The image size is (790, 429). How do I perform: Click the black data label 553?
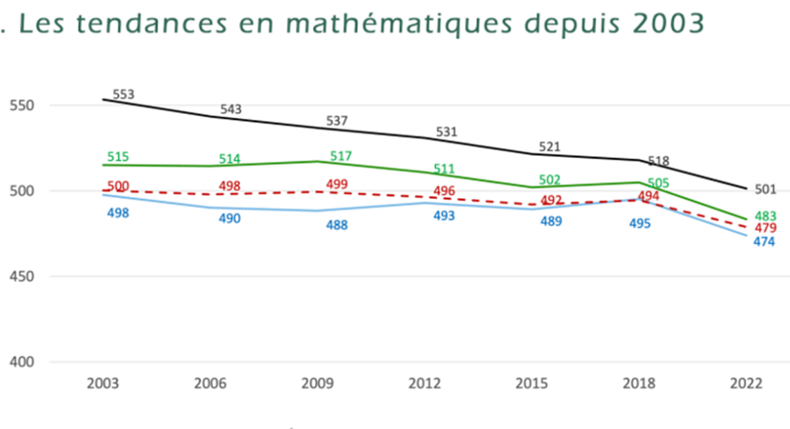click(x=124, y=95)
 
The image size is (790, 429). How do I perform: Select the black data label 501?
click(x=765, y=190)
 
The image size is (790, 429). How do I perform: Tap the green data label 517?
click(x=340, y=156)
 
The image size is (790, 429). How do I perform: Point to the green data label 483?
click(x=765, y=216)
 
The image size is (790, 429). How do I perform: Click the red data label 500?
click(x=118, y=186)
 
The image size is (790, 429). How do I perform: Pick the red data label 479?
click(x=765, y=228)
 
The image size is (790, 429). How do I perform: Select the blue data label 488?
click(x=337, y=225)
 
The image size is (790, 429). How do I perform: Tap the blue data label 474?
click(x=764, y=242)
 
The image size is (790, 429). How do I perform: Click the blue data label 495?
click(x=639, y=223)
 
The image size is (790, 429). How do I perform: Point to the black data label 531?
click(x=446, y=132)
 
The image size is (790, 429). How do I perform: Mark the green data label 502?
click(x=550, y=180)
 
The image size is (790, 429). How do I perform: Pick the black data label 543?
click(x=231, y=109)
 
